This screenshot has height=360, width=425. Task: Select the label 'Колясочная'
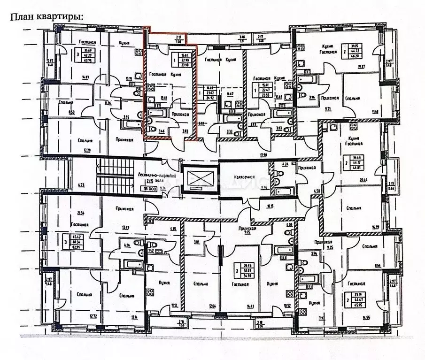click(245, 177)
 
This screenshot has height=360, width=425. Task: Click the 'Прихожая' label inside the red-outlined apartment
click(180, 114)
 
